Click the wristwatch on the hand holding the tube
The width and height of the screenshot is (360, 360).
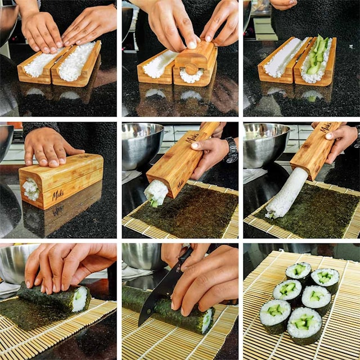(x=231, y=150)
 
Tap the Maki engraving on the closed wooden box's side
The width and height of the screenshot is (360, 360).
(x=58, y=195)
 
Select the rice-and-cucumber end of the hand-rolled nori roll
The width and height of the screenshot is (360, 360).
(x=80, y=299)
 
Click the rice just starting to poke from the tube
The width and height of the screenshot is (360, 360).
(x=155, y=193)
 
